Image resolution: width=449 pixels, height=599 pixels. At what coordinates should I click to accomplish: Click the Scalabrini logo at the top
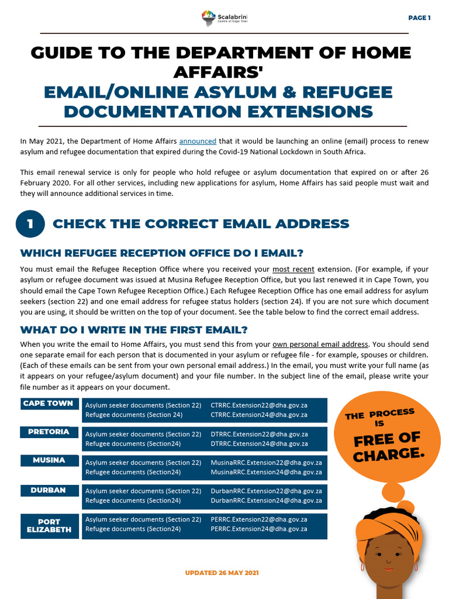[x=224, y=18]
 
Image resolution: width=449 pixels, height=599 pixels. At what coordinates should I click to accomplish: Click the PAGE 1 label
[x=419, y=18]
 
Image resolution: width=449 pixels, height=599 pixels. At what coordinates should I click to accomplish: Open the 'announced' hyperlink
[x=198, y=141]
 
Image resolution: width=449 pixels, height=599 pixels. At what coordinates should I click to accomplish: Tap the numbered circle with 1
[x=30, y=223]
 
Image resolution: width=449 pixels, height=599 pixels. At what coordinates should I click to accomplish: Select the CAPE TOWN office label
[x=48, y=404]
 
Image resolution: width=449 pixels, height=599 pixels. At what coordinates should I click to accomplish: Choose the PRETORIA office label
[x=49, y=432]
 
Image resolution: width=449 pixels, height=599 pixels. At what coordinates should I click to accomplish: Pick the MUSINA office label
[x=49, y=460]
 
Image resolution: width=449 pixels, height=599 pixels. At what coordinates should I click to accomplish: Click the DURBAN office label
[x=48, y=490]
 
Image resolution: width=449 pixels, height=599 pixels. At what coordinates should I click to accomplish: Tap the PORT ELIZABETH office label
[x=49, y=525]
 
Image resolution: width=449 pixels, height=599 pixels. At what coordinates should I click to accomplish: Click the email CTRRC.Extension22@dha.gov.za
[x=258, y=405]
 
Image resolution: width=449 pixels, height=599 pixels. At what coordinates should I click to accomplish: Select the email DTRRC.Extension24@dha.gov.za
[x=258, y=443]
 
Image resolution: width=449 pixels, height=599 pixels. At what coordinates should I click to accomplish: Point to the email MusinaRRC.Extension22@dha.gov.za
[x=266, y=463]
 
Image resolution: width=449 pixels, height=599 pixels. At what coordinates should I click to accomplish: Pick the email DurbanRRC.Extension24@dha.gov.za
[x=266, y=500]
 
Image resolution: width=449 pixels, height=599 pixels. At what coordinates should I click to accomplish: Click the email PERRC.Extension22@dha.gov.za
[x=258, y=519]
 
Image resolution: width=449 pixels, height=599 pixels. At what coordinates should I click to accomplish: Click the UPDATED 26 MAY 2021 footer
[x=222, y=573]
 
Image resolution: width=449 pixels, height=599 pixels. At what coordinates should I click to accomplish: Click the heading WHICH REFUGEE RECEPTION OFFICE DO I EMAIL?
[x=162, y=253]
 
